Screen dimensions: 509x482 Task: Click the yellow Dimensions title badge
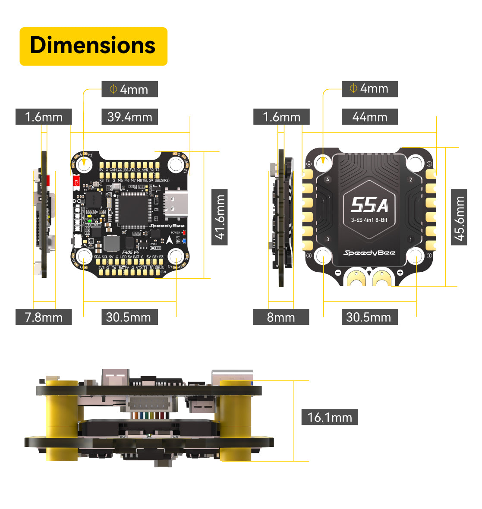pos(93,46)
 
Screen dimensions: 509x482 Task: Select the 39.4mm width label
pos(129,117)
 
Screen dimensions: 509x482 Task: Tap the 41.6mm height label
pos(220,217)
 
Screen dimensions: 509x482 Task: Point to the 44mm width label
pos(369,117)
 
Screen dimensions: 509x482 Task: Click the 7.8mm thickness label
pos(44,317)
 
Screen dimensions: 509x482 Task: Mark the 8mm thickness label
pos(281,317)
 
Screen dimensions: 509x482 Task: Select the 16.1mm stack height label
pos(329,417)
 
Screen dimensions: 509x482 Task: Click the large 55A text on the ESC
pos(369,206)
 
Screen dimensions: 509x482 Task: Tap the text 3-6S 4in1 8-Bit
pos(369,220)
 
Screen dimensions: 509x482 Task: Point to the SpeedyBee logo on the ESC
pos(369,253)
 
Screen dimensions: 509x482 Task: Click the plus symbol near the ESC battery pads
pos(400,272)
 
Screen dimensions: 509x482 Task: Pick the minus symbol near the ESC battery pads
pos(338,272)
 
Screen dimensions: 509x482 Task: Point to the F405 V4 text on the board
pos(130,252)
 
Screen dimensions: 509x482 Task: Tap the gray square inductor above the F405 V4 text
pos(111,244)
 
